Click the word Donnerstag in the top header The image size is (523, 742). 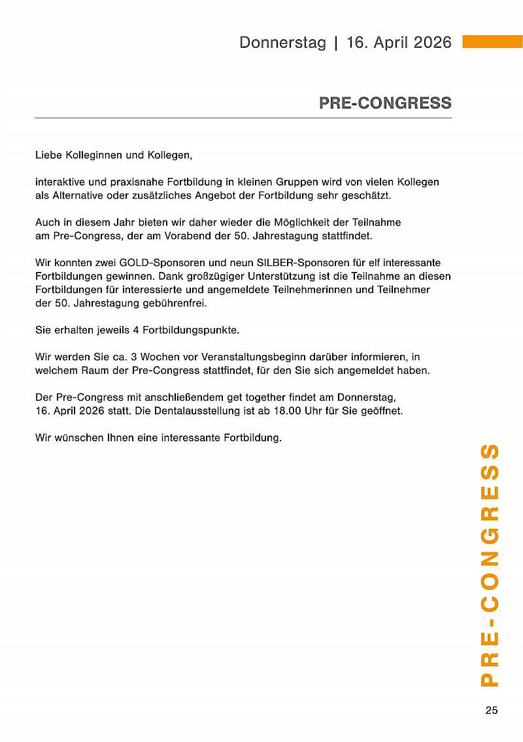click(x=282, y=43)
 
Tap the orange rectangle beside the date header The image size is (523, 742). click(x=492, y=42)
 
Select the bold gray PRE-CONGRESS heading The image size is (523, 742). click(x=385, y=103)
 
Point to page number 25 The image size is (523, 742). click(x=492, y=711)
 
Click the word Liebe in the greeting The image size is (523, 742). click(x=48, y=156)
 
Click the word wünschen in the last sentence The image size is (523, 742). click(x=77, y=437)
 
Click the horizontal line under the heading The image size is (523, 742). click(x=243, y=118)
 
